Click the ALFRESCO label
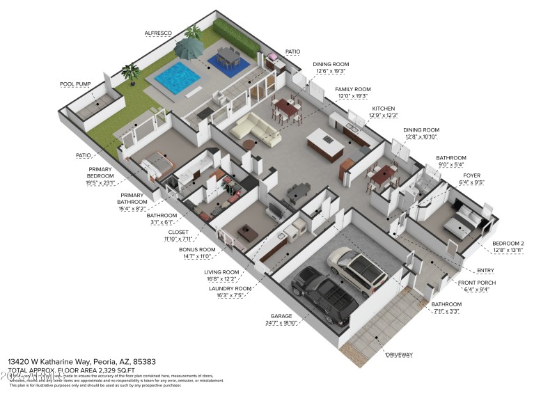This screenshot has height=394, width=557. [157, 33]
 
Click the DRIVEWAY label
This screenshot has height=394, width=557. [399, 355]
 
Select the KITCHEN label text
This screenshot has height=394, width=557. [383, 109]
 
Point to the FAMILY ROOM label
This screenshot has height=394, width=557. [352, 89]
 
